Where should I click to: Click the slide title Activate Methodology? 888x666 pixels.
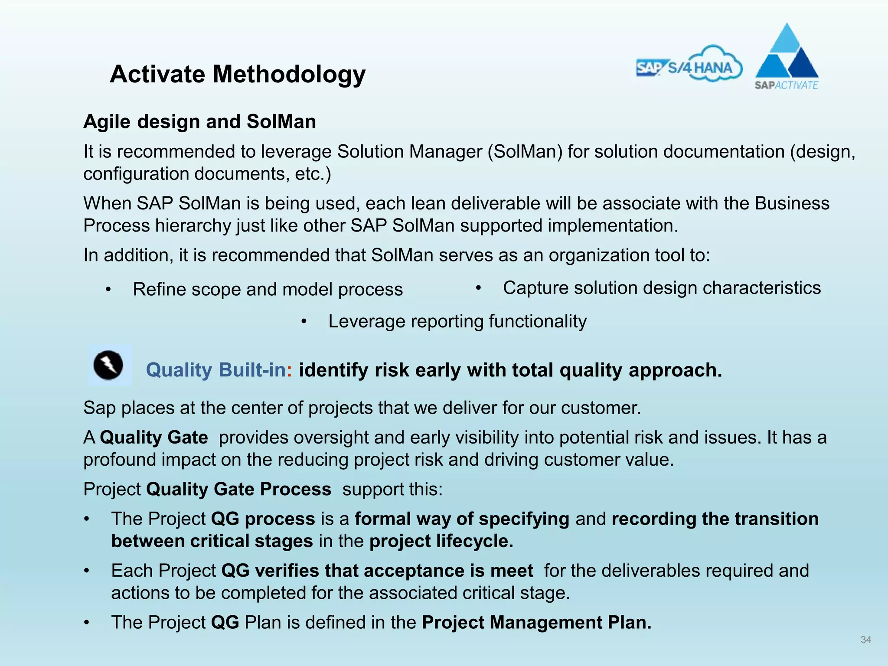point(238,74)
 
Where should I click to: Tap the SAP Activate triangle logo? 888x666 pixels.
point(787,56)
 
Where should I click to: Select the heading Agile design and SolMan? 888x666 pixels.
point(199,121)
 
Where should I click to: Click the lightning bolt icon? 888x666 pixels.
point(109,365)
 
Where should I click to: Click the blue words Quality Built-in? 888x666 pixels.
point(216,370)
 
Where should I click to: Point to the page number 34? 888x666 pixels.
point(865,640)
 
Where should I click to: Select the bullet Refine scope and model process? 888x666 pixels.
point(268,289)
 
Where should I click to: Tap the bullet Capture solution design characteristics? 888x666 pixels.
point(662,288)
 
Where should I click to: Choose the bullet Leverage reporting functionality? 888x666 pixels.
point(457,321)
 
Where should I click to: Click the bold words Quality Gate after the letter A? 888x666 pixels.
point(154,437)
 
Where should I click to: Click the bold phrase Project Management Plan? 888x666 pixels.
point(536,622)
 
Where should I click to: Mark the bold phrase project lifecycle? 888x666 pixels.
point(441,541)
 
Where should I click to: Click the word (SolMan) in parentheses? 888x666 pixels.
point(525,152)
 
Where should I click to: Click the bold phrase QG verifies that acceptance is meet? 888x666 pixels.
point(377,571)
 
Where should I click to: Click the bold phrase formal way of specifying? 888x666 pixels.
point(462,519)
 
